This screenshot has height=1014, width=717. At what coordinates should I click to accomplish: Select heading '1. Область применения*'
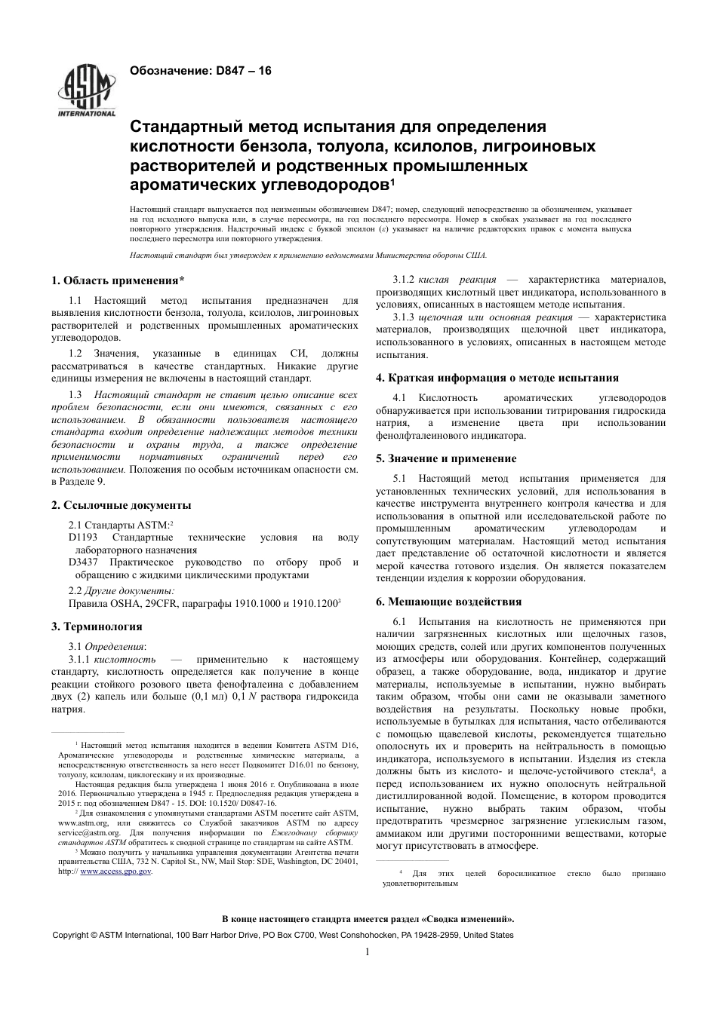[x=118, y=281]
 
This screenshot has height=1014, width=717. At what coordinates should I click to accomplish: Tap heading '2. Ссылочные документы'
[x=121, y=505]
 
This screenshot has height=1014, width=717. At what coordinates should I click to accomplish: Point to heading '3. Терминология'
[x=97, y=626]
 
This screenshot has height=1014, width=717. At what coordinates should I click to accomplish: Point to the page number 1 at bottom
[x=366, y=952]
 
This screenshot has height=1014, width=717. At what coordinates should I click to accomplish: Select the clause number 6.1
[x=400, y=622]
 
